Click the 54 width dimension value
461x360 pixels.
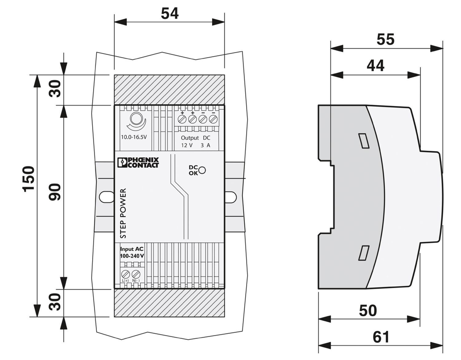[x=169, y=13]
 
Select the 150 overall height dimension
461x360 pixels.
[x=28, y=178]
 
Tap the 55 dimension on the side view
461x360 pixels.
[x=385, y=40]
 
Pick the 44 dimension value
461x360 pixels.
[x=375, y=66]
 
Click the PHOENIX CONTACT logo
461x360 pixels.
[x=138, y=162]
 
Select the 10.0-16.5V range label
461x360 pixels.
[x=134, y=137]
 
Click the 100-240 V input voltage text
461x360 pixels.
[x=132, y=255]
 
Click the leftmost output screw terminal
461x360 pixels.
[x=182, y=119]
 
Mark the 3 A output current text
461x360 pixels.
[x=206, y=146]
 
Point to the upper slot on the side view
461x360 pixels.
[x=363, y=141]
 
